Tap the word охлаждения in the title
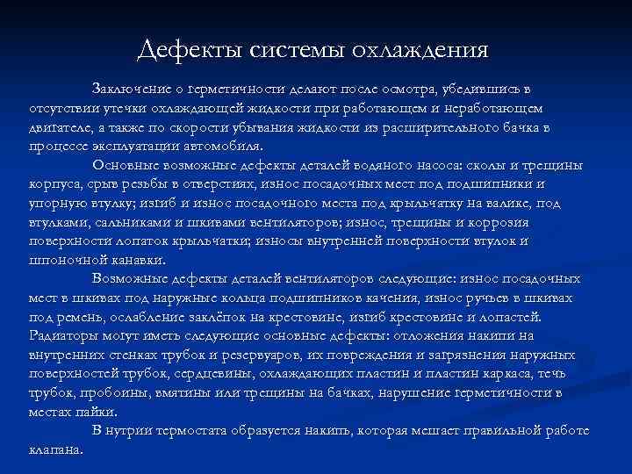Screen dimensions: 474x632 [420, 50]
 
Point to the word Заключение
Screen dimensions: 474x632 [128, 90]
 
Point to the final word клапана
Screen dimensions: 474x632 [55, 449]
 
